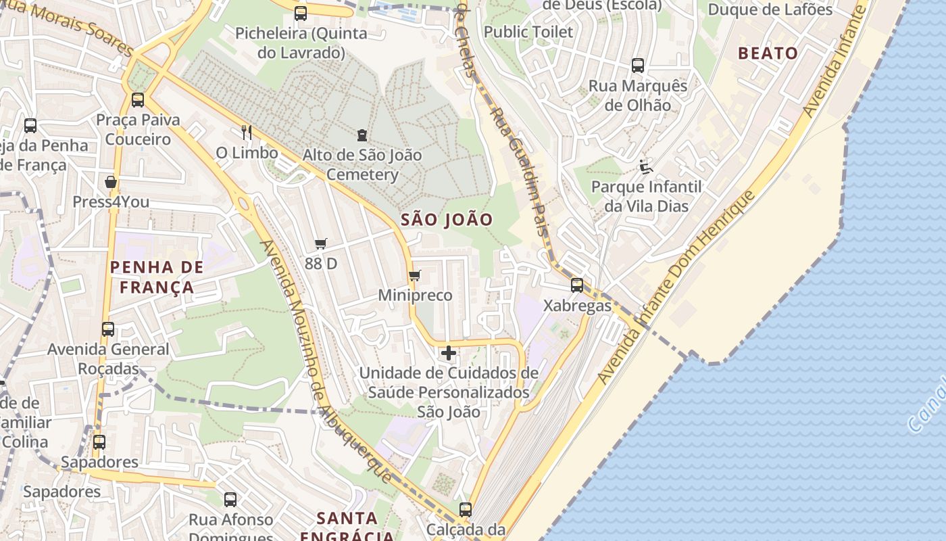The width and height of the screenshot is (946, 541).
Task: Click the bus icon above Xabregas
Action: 576,285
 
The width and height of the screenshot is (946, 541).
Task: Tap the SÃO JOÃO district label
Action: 447,220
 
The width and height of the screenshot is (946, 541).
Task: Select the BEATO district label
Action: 768,53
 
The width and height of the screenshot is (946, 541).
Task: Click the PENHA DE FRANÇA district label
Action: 157,277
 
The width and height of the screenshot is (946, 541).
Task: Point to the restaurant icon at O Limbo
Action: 247,132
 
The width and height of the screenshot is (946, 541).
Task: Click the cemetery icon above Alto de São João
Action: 362,135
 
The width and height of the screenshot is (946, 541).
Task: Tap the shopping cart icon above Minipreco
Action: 415,275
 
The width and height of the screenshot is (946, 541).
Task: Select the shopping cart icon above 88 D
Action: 320,243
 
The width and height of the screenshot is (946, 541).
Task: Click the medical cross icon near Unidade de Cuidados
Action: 449,353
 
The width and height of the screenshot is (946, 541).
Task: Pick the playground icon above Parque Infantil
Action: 646,166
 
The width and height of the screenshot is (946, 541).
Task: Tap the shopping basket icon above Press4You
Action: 111,182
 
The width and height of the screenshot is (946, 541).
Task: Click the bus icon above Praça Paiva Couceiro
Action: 138,100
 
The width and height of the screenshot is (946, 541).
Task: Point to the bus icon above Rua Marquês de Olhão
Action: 638,66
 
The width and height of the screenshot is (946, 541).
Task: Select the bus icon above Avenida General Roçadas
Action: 108,329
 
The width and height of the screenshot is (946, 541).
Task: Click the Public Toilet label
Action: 528,32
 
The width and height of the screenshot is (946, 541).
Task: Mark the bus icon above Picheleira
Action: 301,13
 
